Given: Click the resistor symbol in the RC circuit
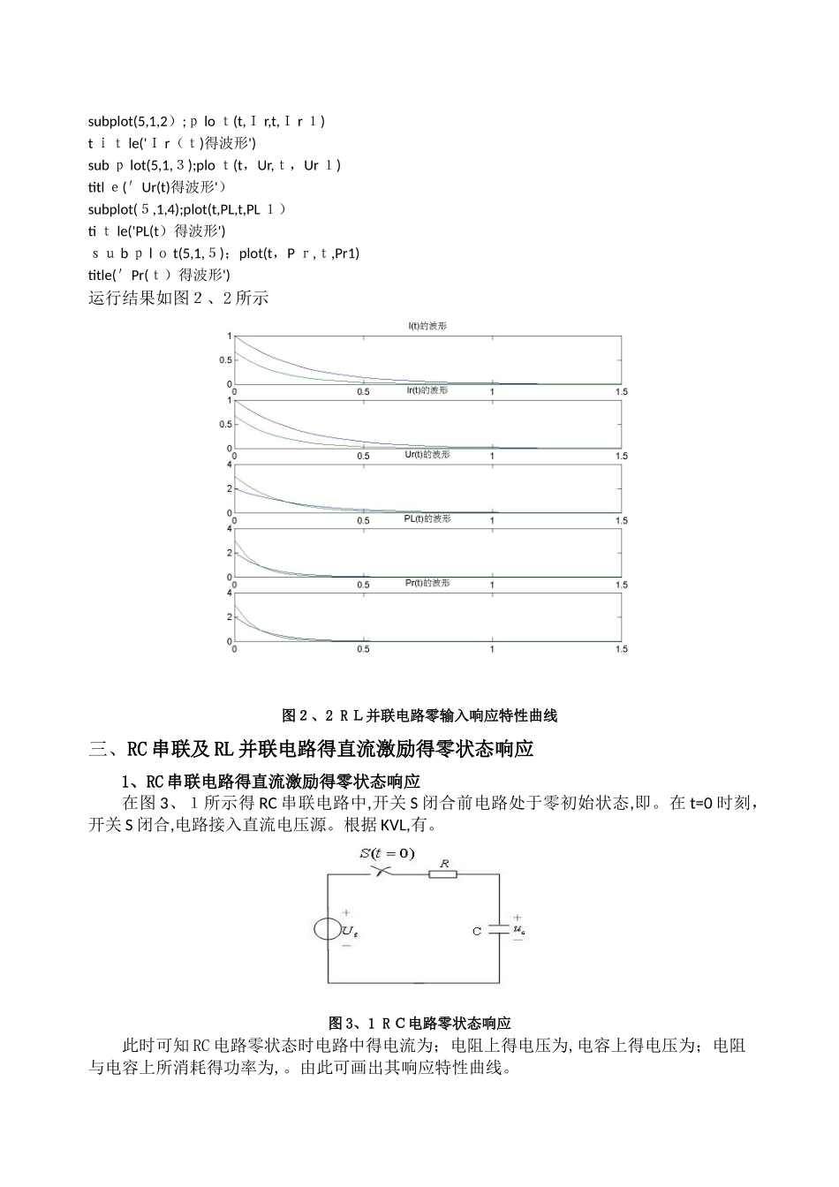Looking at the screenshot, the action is (443, 874).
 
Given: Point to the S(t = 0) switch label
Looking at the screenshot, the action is (387, 853).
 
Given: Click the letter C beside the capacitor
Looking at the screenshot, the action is (477, 931).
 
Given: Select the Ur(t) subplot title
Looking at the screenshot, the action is (427, 455).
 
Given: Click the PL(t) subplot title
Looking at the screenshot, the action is (427, 519).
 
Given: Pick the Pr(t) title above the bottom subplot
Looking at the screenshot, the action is (427, 584).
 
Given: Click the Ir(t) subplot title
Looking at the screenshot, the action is (427, 390).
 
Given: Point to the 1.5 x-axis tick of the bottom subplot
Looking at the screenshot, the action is (621, 649).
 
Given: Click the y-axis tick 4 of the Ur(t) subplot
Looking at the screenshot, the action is (230, 465).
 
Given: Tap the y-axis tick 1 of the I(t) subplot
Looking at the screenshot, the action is (230, 336).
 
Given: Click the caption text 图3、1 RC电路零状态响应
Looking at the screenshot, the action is (419, 1023).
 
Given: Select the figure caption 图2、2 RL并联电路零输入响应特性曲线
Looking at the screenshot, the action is (419, 714).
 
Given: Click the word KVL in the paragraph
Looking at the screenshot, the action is (391, 827).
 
